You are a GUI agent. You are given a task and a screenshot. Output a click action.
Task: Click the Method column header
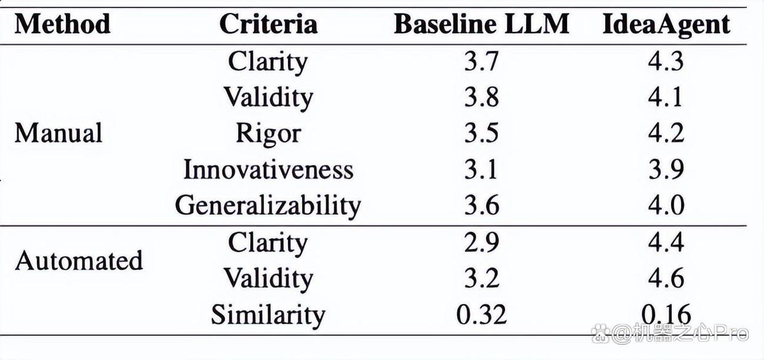[x=62, y=24]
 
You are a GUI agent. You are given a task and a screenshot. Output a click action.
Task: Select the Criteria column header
[x=268, y=24]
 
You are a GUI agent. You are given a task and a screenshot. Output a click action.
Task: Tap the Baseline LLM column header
[x=481, y=24]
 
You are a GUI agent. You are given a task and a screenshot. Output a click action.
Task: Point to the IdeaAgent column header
[x=666, y=25]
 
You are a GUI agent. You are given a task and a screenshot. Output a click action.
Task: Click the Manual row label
[x=58, y=133]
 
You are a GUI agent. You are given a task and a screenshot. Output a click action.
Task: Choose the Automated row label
[x=79, y=260]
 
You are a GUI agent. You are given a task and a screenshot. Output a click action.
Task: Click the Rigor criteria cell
[x=268, y=134]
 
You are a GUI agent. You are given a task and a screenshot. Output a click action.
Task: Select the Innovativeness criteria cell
[x=268, y=169]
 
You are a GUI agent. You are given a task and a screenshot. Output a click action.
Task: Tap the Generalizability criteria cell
[x=268, y=206]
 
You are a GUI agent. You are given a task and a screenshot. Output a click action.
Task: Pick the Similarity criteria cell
[x=268, y=315]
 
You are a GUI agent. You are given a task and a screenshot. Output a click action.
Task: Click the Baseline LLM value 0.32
[x=481, y=314]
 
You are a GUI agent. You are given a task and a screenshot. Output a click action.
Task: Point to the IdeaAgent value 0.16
[x=666, y=314]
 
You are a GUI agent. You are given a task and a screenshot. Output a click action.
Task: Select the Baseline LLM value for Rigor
[x=481, y=133]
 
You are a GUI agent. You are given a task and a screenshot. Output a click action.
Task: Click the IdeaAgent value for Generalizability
[x=666, y=205]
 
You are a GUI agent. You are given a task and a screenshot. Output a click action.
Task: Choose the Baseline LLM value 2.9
[x=481, y=242]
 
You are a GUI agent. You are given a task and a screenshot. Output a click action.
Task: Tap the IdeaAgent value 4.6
[x=666, y=278]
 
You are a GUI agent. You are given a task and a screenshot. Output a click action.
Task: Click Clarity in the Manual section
[x=268, y=62]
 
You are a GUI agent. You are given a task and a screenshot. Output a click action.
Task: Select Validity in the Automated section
[x=268, y=279]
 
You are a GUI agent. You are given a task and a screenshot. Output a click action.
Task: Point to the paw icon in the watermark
[x=600, y=334]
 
